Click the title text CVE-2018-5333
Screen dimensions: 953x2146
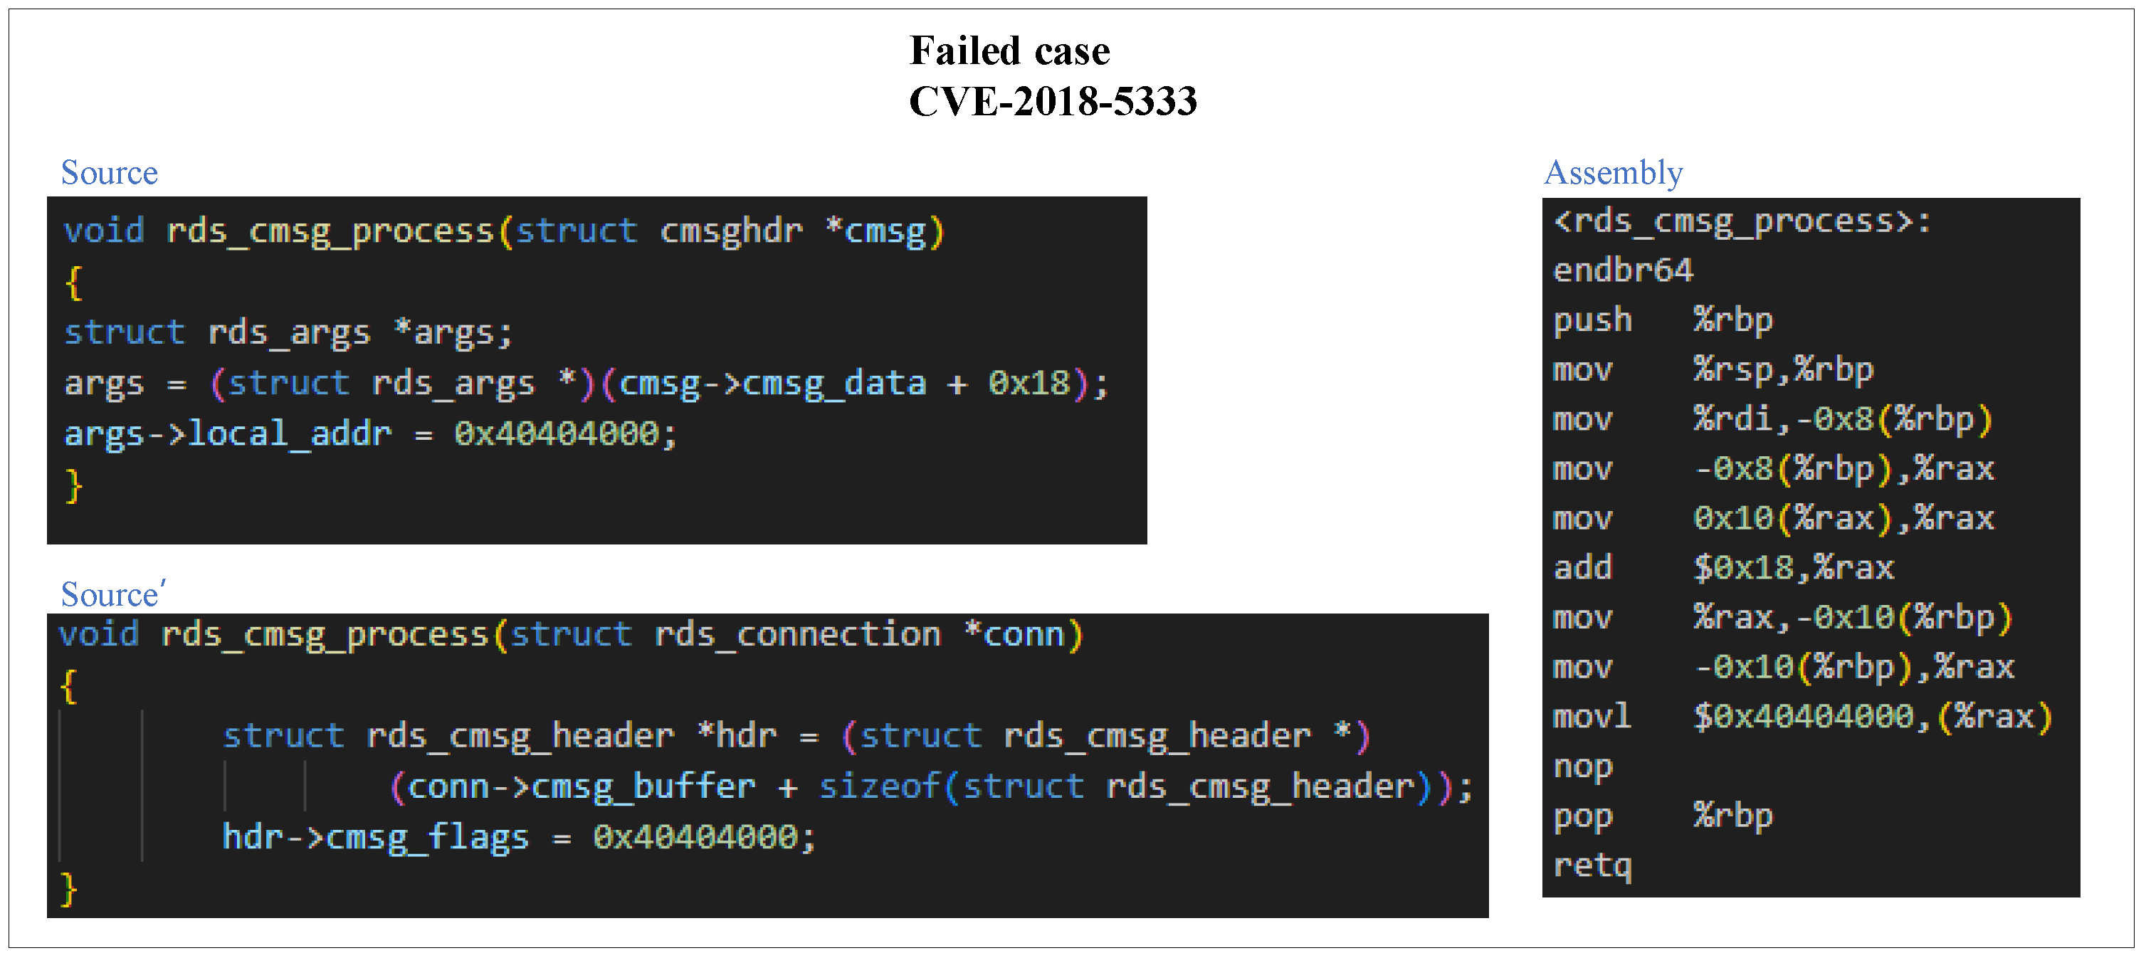tap(1052, 102)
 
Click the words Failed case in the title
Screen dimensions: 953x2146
tap(1010, 51)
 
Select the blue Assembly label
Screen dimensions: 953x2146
tap(1613, 172)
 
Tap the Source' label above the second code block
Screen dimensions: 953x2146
tap(113, 594)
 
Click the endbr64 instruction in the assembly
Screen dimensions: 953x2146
tap(1622, 270)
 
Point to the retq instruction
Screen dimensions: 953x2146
tap(1592, 865)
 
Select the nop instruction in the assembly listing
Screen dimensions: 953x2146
tap(1582, 767)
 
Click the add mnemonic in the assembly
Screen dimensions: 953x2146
tap(1582, 568)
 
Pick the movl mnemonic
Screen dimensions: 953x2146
tap(1592, 717)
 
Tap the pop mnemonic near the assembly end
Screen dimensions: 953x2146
tap(1582, 816)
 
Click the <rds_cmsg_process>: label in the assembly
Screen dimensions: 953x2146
tap(1741, 221)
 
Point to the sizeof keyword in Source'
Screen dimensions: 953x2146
tap(880, 786)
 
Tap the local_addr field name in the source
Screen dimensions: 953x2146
tap(289, 434)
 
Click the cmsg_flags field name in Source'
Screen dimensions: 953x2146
tap(426, 837)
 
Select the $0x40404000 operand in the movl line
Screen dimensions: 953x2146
tap(1803, 717)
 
